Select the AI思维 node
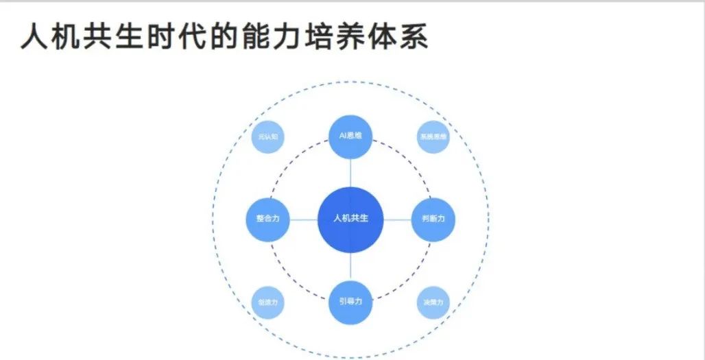point(350,136)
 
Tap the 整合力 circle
point(268,219)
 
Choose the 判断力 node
point(433,219)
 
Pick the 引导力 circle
point(350,301)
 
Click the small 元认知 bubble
point(268,136)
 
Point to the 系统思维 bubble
point(433,136)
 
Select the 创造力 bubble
point(268,302)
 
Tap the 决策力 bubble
point(433,302)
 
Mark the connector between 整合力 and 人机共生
point(304,219)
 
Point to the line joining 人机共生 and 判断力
point(397,219)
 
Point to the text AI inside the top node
point(343,136)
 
